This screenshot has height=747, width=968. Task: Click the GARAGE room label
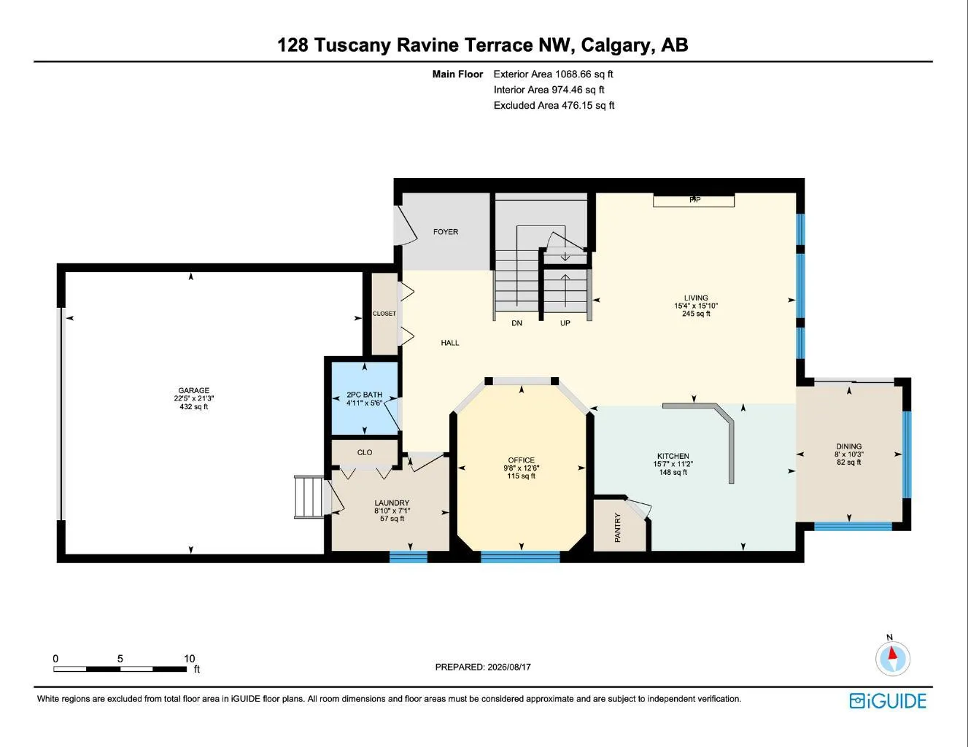[194, 390]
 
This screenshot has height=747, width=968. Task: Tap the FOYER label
[446, 232]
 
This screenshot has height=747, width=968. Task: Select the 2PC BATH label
[365, 394]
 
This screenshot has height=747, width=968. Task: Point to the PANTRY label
[617, 527]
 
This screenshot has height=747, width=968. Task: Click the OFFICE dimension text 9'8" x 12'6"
[521, 468]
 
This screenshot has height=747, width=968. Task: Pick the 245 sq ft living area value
[696, 314]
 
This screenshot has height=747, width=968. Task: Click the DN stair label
[516, 323]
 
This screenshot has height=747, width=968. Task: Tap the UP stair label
[565, 323]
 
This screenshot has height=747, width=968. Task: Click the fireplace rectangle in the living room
[694, 201]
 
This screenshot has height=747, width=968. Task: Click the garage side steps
[309, 497]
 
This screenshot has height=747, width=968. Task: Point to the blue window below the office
[520, 557]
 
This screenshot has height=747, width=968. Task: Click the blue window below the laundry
[409, 557]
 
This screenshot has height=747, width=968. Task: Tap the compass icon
[892, 659]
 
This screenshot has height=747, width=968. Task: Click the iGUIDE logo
[887, 700]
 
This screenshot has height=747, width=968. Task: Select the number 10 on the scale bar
[190, 658]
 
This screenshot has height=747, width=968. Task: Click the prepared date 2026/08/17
[509, 667]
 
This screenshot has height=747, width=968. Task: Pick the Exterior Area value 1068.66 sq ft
[584, 74]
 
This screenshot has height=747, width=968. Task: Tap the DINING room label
[848, 446]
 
